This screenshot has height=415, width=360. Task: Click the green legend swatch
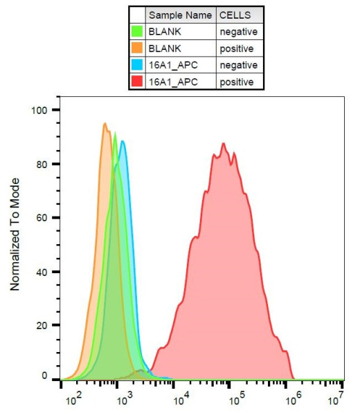pos(137,32)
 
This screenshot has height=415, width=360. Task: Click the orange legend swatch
pos(137,48)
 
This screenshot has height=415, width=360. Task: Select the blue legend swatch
pos(137,65)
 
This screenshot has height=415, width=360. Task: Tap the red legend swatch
pos(137,82)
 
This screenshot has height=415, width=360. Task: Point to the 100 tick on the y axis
pos(43,110)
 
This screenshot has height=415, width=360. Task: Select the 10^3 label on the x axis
pos(124,400)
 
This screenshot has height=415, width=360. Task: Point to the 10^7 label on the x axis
pos(336,400)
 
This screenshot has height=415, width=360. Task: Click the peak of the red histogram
pos(224,143)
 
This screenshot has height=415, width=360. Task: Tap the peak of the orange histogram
pos(105,124)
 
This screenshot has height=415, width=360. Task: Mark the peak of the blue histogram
pos(123,141)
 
